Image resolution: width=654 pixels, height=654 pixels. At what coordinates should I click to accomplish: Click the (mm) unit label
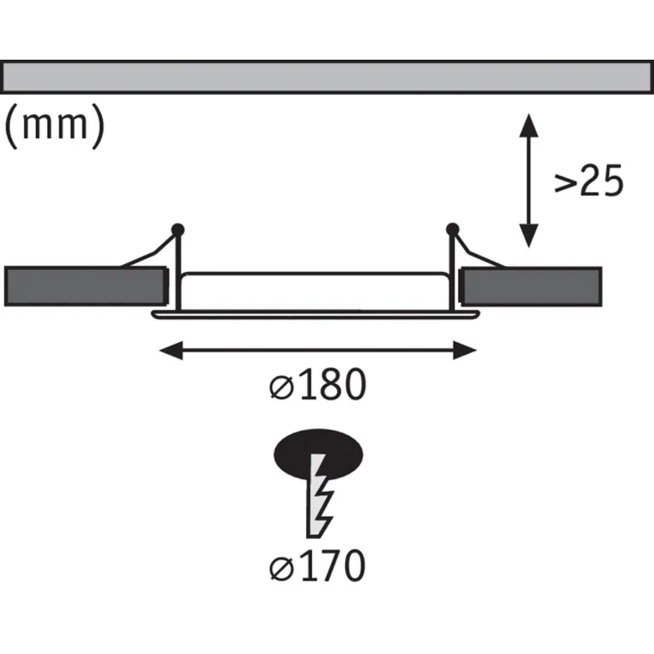(x=55, y=125)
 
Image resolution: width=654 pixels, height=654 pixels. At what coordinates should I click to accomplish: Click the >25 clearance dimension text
(x=588, y=181)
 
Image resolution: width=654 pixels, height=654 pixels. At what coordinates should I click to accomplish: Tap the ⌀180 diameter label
(x=317, y=385)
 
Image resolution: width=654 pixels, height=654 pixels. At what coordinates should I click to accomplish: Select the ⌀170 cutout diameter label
(x=317, y=565)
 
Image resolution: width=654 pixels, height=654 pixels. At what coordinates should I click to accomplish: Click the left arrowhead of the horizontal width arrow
(x=171, y=350)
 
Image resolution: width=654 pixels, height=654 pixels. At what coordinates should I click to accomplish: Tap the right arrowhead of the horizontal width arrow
(x=465, y=350)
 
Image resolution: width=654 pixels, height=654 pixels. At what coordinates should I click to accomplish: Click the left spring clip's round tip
(x=177, y=230)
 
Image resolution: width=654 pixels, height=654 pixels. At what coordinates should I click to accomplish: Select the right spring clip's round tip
(x=453, y=229)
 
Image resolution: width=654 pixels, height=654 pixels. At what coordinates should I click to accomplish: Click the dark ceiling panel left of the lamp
(x=86, y=286)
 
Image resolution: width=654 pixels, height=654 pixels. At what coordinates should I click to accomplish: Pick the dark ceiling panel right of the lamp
(x=530, y=286)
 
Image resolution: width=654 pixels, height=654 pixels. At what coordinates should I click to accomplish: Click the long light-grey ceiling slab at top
(x=327, y=77)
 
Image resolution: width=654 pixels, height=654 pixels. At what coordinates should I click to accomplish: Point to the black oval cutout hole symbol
(x=318, y=453)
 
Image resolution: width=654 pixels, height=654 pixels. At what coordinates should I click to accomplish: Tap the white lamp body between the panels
(x=315, y=291)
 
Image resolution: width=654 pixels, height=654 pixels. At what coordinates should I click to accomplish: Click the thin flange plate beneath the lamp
(x=315, y=315)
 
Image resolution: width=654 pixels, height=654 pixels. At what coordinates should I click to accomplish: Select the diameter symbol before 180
(x=281, y=386)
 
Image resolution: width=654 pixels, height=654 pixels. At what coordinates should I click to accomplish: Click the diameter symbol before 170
(x=281, y=568)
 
